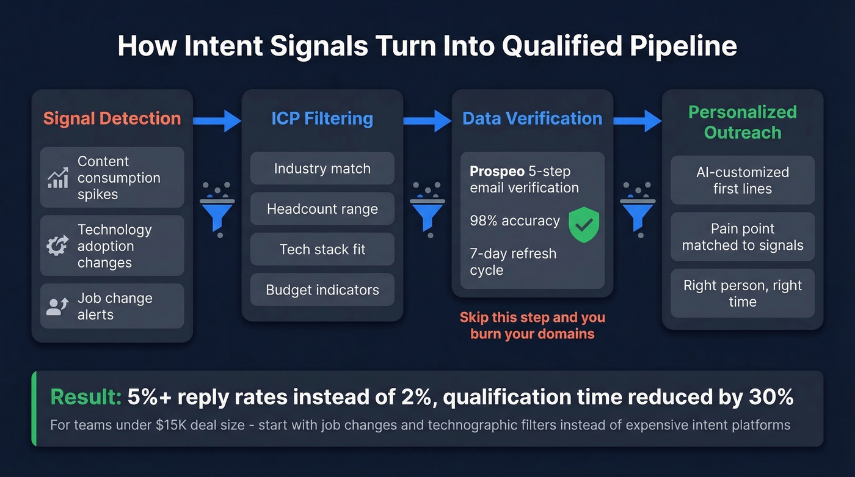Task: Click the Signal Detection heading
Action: click(x=112, y=118)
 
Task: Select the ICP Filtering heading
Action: click(x=322, y=118)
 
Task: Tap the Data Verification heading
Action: click(x=532, y=118)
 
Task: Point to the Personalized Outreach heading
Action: click(x=742, y=122)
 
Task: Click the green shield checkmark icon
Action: click(x=584, y=224)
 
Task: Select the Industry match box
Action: click(x=322, y=169)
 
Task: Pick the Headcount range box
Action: click(x=322, y=209)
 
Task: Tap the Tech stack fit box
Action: click(x=322, y=249)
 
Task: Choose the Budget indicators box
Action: click(x=322, y=290)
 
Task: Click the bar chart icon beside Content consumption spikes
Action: click(x=58, y=178)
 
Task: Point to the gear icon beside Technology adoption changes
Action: click(x=58, y=246)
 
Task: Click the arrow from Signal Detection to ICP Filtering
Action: click(x=217, y=121)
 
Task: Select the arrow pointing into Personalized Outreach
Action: click(x=638, y=121)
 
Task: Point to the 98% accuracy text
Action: click(x=515, y=220)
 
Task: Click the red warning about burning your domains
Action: click(x=532, y=326)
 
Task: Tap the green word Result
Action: click(x=85, y=398)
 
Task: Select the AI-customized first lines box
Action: click(x=742, y=180)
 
